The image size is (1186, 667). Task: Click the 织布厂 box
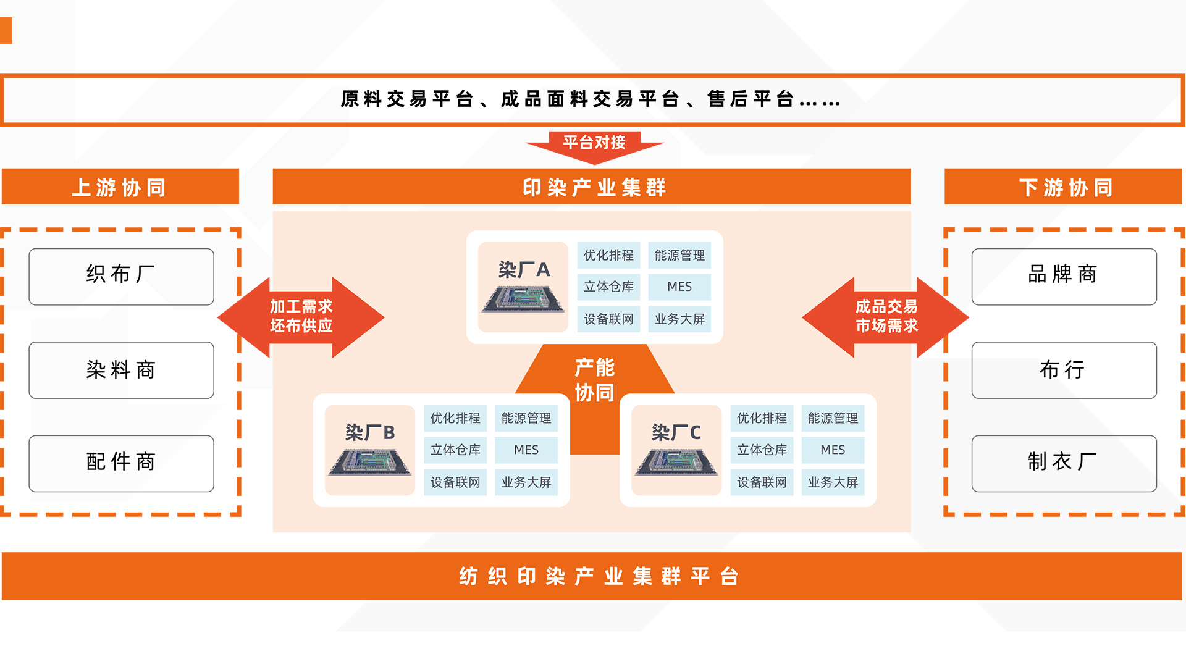click(x=121, y=276)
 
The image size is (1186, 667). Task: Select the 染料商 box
click(x=121, y=370)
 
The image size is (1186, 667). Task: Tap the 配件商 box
click(x=121, y=463)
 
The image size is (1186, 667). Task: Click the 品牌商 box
click(x=1064, y=276)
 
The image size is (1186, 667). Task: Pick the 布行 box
click(x=1064, y=370)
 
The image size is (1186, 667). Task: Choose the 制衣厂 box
click(x=1064, y=463)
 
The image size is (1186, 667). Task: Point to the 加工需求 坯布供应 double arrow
click(x=301, y=317)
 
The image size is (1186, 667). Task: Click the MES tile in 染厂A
click(x=679, y=287)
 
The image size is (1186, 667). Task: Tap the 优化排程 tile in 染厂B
click(x=455, y=418)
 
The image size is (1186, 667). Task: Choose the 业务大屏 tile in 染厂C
click(x=833, y=482)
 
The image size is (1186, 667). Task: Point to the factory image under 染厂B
click(x=369, y=463)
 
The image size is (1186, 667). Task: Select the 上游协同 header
click(x=120, y=187)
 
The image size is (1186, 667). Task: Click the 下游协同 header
click(x=1063, y=187)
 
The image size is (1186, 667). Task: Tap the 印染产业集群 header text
click(x=594, y=187)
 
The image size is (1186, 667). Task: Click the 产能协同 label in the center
click(x=594, y=380)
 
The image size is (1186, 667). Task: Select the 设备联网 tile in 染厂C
click(x=762, y=482)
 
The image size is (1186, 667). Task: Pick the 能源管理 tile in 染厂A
click(x=679, y=255)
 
